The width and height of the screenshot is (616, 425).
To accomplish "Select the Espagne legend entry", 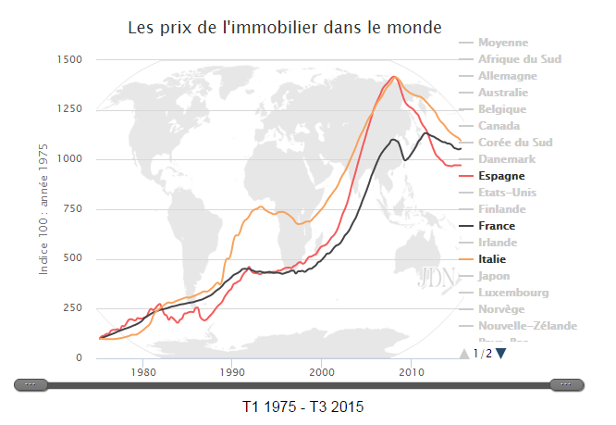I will coord(501,176).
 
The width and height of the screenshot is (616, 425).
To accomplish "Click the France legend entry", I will coord(497,226).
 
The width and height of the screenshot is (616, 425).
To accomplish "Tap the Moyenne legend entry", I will coord(503,43).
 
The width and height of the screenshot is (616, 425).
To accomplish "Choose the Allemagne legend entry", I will coord(507,76).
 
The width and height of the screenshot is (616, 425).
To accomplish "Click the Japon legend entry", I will coord(495,276).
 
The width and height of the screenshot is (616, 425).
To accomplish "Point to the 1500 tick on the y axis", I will coord(71,60).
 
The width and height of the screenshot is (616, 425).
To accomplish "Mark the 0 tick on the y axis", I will coord(80,358).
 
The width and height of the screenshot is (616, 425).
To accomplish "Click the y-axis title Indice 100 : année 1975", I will coord(43,209).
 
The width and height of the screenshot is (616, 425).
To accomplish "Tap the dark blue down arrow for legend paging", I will coord(500,353).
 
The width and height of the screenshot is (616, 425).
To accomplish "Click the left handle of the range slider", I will coord(31,384).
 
